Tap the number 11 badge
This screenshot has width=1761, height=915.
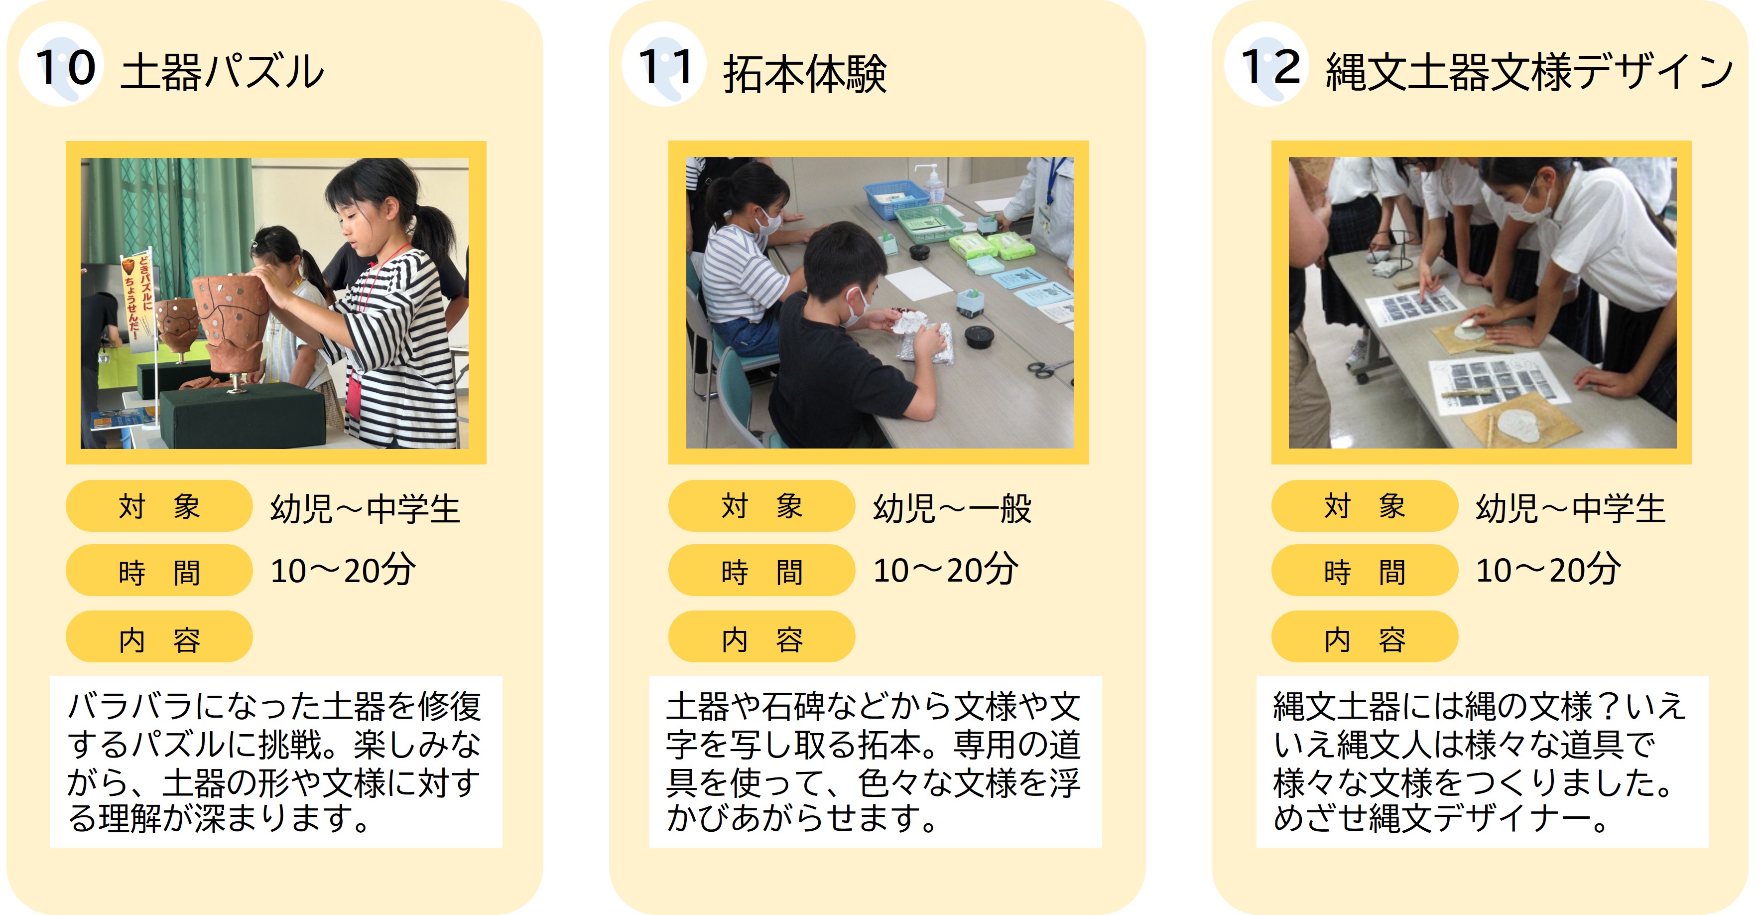coord(664,64)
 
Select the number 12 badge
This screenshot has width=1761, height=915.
coord(1267,64)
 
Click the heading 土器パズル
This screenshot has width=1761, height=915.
coord(222,72)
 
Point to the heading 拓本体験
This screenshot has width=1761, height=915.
coord(805,73)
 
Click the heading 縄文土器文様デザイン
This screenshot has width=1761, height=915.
coord(1529,72)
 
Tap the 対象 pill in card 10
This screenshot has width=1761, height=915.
coord(159,506)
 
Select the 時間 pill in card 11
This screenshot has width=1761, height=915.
coord(761,570)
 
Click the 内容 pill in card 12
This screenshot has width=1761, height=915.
coord(1365,637)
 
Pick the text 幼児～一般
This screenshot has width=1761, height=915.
coord(952,508)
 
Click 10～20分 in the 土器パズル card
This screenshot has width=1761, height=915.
coord(343,570)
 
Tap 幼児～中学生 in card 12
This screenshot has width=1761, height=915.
coord(1570,508)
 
